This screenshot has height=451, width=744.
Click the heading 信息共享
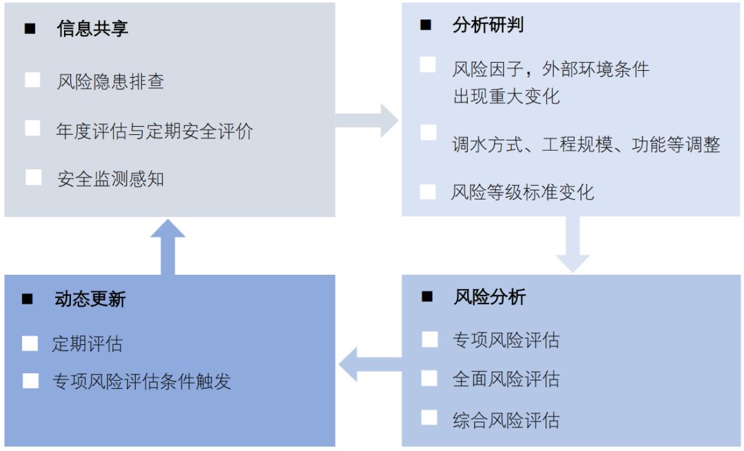coord(92,28)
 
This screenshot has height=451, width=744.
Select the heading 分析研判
coord(488,25)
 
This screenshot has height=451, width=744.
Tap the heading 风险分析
coord(489,297)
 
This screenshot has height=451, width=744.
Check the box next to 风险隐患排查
coord(32,80)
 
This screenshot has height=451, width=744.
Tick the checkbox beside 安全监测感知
coord(33,178)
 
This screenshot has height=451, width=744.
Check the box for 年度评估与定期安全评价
coord(32,129)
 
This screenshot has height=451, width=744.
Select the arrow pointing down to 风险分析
coord(572,244)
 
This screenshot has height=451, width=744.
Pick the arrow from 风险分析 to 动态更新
coord(369,364)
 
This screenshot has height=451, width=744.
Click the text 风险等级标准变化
coord(522,192)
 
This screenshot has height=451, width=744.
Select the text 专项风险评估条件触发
coord(141,381)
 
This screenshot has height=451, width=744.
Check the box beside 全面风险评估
coord(429,378)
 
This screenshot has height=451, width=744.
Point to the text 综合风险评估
coord(506,420)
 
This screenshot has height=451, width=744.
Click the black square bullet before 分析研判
coord(426,25)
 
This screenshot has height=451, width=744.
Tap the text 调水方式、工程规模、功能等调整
coord(586,145)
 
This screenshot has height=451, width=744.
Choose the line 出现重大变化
coord(506,96)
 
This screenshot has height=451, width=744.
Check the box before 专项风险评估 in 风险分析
coord(429,339)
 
